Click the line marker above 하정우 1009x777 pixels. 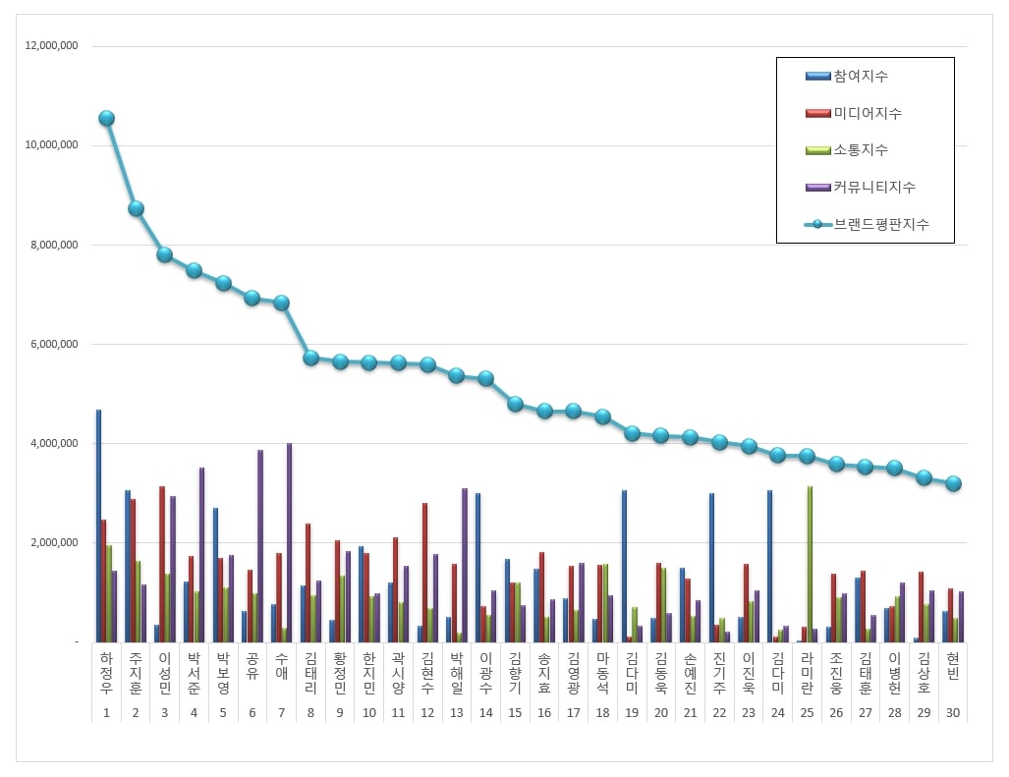point(106,119)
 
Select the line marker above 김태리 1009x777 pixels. point(310,359)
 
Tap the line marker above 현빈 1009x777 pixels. point(952,483)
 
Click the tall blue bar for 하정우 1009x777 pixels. point(98,526)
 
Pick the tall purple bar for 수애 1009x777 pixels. point(289,542)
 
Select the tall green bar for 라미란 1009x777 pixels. point(810,564)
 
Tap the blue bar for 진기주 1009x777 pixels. point(711,568)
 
